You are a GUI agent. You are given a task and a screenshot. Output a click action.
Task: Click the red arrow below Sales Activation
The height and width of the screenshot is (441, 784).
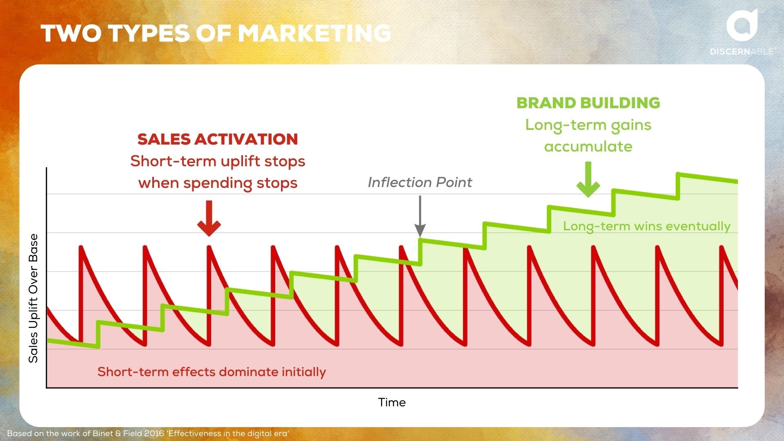[209, 218]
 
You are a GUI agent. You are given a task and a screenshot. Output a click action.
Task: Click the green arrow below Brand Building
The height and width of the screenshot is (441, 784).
[588, 180]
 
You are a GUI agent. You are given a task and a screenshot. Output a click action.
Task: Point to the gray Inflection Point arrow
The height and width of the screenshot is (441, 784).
[420, 216]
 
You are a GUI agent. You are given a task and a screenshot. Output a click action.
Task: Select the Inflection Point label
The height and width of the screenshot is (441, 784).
[420, 182]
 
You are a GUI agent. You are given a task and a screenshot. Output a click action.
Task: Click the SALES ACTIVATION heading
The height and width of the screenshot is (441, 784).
[218, 139]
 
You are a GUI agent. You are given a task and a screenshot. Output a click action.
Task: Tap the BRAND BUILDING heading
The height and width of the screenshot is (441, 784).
[588, 103]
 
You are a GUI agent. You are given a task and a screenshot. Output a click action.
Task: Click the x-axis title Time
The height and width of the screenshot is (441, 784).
[392, 403]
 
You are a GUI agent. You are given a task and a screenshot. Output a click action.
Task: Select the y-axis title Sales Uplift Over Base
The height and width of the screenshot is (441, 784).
[33, 298]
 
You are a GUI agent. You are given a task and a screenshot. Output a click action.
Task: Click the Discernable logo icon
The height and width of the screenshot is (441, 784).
[742, 25]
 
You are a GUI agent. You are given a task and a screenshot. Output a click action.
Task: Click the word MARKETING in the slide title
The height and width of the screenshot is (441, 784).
[314, 33]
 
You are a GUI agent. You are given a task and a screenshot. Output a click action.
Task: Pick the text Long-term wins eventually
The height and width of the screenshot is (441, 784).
[647, 226]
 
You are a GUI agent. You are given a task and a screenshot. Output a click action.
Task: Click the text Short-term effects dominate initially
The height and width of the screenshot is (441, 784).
[212, 372]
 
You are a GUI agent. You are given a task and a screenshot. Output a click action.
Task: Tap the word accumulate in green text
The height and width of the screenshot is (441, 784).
[588, 147]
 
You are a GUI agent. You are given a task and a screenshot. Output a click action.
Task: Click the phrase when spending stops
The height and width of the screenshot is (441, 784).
[218, 183]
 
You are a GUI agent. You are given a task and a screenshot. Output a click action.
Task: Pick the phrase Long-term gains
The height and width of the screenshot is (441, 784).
[588, 125]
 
